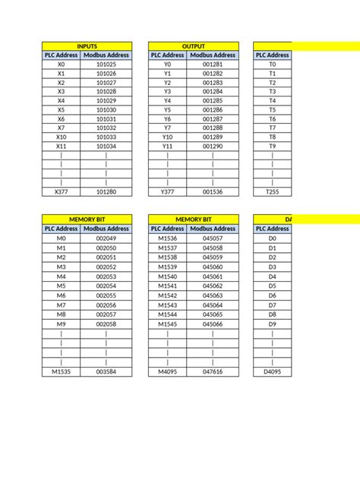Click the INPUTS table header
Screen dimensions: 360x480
click(x=87, y=46)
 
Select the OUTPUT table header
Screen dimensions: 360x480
click(x=194, y=46)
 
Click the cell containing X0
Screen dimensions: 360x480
click(x=61, y=65)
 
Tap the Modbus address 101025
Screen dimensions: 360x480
click(x=106, y=65)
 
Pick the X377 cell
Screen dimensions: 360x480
click(x=61, y=192)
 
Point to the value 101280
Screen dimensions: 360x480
click(x=106, y=192)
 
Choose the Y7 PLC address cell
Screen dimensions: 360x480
click(x=167, y=128)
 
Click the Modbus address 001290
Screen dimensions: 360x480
click(x=213, y=147)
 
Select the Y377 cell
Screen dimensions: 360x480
click(x=167, y=192)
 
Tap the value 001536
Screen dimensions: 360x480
click(x=213, y=192)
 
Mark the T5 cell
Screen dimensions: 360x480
click(x=272, y=110)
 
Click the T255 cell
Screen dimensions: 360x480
click(x=272, y=192)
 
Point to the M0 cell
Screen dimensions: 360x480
click(x=61, y=238)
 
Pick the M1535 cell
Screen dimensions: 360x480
click(x=61, y=372)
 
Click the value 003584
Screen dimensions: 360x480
click(x=106, y=372)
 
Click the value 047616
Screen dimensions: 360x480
click(x=213, y=372)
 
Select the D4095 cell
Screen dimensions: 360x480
click(x=272, y=372)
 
